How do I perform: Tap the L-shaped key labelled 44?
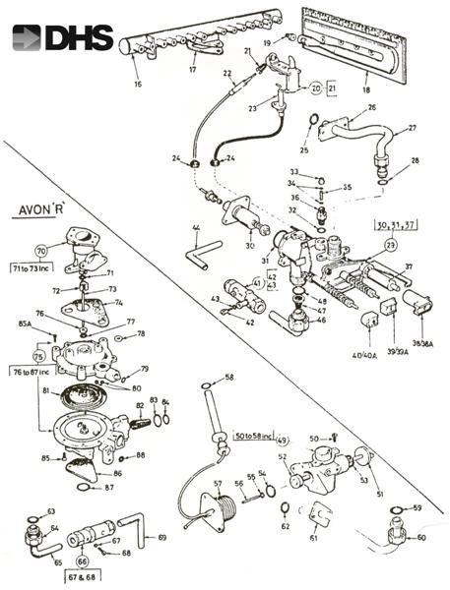[203, 254]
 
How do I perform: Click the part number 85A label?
[24, 322]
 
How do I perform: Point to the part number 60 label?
[421, 539]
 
